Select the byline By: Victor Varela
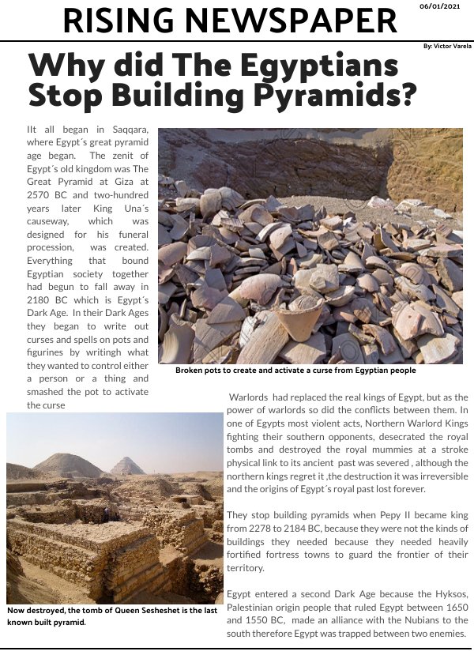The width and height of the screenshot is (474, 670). point(447,47)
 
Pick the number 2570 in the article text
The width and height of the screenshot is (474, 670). point(40,193)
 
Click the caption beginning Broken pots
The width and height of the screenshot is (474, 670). point(295,370)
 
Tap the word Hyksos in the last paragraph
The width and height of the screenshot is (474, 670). point(450,593)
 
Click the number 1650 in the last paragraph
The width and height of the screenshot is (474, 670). point(454,606)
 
